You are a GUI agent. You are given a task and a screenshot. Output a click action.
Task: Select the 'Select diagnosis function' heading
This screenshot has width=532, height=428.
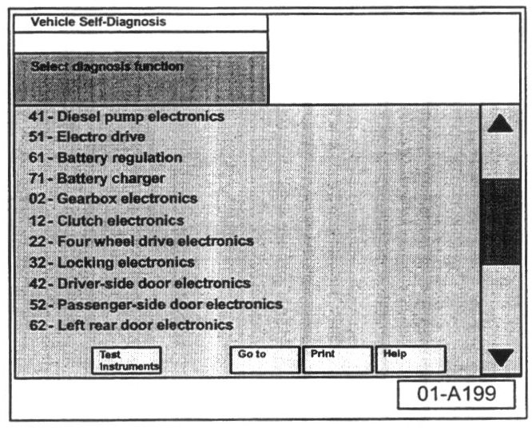pyautogui.click(x=107, y=67)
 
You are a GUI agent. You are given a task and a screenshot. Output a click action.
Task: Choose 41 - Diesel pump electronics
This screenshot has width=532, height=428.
pyautogui.click(x=126, y=117)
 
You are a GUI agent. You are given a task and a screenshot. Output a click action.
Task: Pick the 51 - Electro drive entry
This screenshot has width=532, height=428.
pyautogui.click(x=87, y=137)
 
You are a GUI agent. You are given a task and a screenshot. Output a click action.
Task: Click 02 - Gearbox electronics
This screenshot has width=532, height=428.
pyautogui.click(x=113, y=199)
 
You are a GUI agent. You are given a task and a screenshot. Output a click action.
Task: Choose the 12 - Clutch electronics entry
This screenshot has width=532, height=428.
pyautogui.click(x=106, y=220)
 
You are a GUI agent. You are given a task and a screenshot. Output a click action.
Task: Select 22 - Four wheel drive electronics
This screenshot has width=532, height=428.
pyautogui.click(x=141, y=240)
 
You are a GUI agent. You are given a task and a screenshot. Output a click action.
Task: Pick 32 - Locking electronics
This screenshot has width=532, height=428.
pyautogui.click(x=111, y=262)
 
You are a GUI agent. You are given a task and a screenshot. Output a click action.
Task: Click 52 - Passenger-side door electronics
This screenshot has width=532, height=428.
pyautogui.click(x=155, y=304)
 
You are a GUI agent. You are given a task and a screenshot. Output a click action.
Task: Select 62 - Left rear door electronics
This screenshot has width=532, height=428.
pyautogui.click(x=131, y=325)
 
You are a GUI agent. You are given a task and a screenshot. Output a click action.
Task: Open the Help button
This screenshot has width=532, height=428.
pyautogui.click(x=410, y=359)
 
